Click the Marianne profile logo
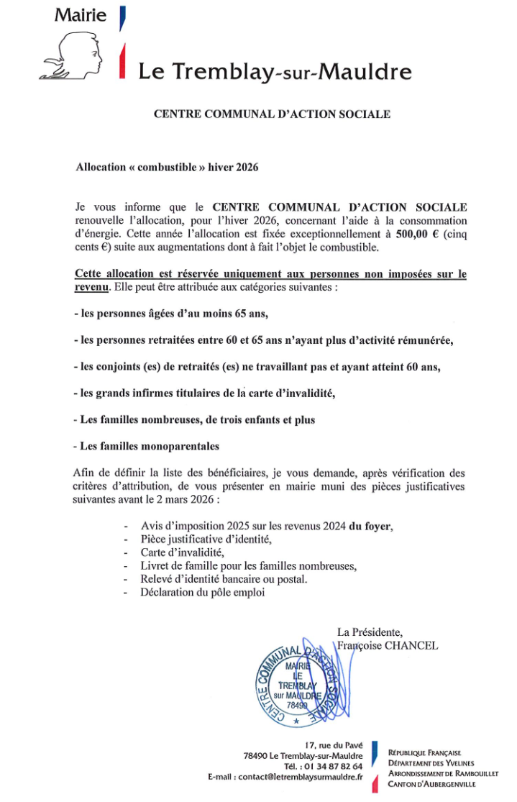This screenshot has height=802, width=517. point(75,55)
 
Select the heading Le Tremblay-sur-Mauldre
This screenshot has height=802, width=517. point(275,71)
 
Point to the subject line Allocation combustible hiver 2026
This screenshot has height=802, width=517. point(167,165)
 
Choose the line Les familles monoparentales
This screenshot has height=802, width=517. point(147,446)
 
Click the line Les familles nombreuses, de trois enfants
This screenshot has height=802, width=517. point(194,419)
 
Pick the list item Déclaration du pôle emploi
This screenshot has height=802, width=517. point(203,592)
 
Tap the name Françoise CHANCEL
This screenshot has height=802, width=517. point(388,645)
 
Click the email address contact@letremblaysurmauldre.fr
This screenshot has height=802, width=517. point(301,778)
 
